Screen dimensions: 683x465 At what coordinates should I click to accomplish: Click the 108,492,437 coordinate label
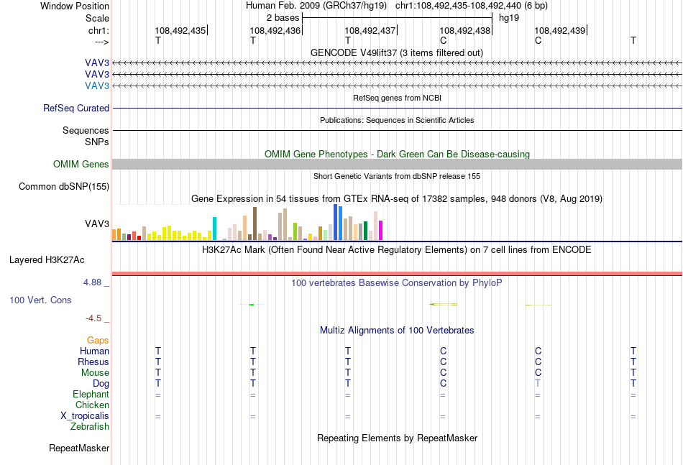[x=370, y=30]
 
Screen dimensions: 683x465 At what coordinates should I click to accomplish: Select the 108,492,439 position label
[x=560, y=30]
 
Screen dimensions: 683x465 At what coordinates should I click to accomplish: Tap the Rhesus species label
[x=93, y=362]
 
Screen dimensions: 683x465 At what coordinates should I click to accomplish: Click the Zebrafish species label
[x=90, y=427]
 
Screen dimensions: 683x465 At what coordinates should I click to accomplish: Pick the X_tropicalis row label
[x=85, y=416]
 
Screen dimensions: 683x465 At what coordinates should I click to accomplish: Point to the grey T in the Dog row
[x=538, y=384]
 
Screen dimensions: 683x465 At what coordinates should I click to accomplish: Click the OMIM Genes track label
[x=81, y=164]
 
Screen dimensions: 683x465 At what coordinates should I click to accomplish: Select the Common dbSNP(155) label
[x=63, y=186]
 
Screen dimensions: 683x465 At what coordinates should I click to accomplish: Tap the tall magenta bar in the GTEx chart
[x=380, y=230]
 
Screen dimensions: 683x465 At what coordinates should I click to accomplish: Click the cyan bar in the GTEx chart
[x=214, y=229]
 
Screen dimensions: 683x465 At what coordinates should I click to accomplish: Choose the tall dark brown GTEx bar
[x=255, y=224]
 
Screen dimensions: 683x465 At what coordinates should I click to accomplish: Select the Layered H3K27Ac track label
[x=47, y=260]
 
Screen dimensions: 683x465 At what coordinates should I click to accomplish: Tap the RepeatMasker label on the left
[x=79, y=448]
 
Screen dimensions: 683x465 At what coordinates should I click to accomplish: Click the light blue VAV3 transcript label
[x=97, y=86]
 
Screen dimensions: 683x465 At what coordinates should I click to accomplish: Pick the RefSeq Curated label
[x=76, y=108]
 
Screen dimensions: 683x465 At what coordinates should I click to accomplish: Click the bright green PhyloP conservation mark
[x=252, y=304]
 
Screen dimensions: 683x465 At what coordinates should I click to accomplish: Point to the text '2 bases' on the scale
[x=283, y=18]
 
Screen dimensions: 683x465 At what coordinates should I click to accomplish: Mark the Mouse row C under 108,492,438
[x=443, y=373]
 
